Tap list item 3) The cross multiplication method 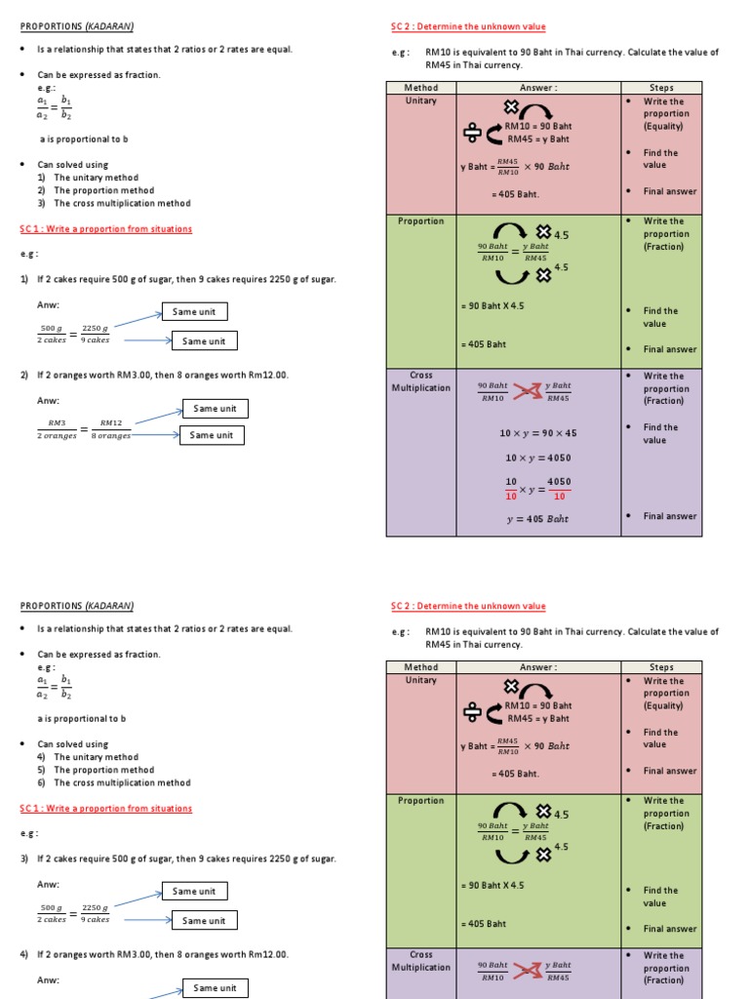[x=122, y=203]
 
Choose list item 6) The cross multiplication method [x=122, y=782]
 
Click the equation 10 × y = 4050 [x=537, y=458]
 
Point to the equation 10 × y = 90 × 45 [x=537, y=432]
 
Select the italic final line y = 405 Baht [x=537, y=519]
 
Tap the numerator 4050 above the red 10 [x=559, y=482]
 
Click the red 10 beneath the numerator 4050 [x=559, y=496]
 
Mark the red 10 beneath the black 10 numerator [x=511, y=496]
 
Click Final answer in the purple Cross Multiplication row [x=670, y=516]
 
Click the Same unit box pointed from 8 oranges [x=211, y=435]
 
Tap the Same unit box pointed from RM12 [x=214, y=409]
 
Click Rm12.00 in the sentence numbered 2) [x=266, y=375]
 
